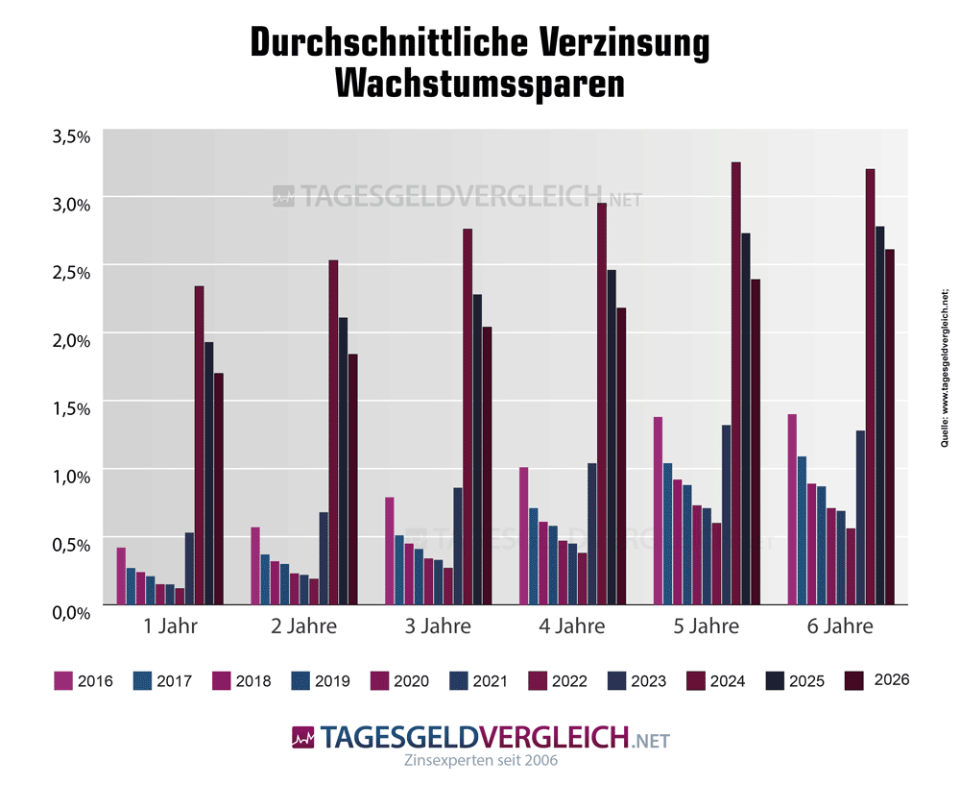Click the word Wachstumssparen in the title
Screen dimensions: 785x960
tap(480, 84)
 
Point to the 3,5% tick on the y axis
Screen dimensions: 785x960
tap(70, 135)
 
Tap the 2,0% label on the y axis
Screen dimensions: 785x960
tap(70, 339)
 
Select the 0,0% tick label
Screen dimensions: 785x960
tap(70, 611)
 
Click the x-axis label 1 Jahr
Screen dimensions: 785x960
tap(170, 627)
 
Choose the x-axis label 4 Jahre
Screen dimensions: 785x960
tap(572, 627)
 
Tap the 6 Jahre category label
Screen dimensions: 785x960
tap(841, 627)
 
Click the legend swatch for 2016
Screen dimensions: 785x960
tap(64, 681)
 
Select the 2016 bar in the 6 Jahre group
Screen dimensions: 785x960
tap(792, 509)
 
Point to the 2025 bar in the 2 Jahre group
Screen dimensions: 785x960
tap(343, 461)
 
